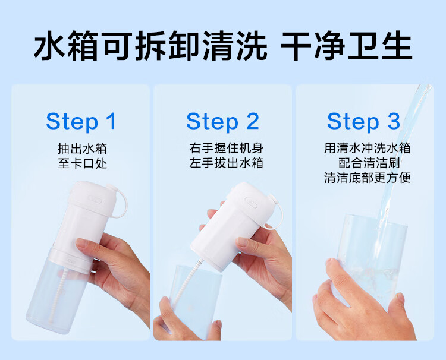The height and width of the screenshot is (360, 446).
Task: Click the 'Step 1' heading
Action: [81, 121]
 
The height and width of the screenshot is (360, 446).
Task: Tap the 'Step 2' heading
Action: [223, 121]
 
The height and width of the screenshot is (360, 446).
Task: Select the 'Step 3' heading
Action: [363, 121]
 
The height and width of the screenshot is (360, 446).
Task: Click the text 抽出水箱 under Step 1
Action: [82, 149]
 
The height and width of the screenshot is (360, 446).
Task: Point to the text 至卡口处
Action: [82, 163]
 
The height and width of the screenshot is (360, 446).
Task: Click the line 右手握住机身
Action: [227, 148]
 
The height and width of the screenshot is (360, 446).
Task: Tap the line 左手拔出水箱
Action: [227, 163]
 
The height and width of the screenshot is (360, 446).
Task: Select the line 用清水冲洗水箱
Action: [368, 148]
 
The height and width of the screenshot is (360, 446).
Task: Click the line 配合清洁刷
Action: [369, 163]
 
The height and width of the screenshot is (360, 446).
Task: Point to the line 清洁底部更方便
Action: [368, 178]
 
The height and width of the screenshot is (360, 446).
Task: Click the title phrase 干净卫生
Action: [347, 46]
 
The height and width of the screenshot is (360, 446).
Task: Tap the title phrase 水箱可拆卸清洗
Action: [150, 46]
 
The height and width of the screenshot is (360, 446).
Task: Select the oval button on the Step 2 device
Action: [252, 203]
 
